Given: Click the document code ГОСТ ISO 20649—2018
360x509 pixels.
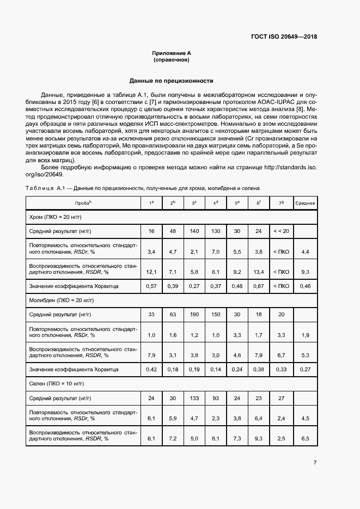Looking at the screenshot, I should (x=284, y=37).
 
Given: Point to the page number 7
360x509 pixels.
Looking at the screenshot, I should (x=315, y=463).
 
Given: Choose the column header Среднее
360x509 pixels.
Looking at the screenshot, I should (x=305, y=203).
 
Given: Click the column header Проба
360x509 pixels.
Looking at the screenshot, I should (x=83, y=203).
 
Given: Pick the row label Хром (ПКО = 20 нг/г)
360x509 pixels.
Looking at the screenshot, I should (x=56, y=217).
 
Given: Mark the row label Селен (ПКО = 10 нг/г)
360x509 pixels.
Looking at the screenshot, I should (x=56, y=384).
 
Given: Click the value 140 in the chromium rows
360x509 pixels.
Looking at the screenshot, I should (x=194, y=231).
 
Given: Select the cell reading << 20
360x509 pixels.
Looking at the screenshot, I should (x=281, y=231).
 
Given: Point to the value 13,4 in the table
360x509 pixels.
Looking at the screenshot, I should (x=259, y=271).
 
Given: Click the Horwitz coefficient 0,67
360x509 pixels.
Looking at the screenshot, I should (x=259, y=286).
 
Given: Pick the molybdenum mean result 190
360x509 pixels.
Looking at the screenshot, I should (x=194, y=314).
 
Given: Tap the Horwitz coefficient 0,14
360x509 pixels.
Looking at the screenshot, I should (x=216, y=370).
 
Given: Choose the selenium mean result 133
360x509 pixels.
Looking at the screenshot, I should (x=194, y=398).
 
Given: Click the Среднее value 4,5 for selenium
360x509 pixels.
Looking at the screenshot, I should (x=305, y=418).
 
